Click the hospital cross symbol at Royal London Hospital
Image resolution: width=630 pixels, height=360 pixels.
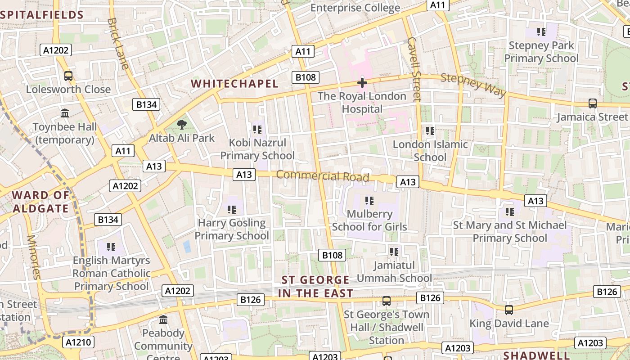tap(362, 83)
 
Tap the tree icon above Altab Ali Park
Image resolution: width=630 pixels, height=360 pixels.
tap(182, 125)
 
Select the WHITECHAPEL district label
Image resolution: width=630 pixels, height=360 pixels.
tap(234, 84)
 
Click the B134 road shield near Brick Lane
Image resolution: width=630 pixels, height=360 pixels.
tap(147, 105)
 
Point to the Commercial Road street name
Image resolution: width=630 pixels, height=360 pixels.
tap(322, 175)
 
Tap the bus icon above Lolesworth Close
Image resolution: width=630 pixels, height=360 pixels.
tap(68, 76)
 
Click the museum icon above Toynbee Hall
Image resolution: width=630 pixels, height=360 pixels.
tap(65, 113)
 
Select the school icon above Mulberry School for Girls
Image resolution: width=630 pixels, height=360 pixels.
tap(369, 201)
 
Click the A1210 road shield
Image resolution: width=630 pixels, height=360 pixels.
tap(78, 342)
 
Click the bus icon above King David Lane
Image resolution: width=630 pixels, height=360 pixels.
tap(508, 310)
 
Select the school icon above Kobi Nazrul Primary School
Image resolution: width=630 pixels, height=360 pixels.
tap(257, 130)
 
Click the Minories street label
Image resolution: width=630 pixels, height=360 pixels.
tap(33, 256)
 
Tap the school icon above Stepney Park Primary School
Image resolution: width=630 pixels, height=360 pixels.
tap(541, 32)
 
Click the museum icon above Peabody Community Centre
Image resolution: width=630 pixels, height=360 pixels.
tap(163, 320)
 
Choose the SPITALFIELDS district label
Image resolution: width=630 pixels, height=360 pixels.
tap(42, 15)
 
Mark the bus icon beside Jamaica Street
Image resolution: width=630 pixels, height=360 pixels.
tap(593, 103)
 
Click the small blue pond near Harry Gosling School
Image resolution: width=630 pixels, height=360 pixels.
tap(187, 246)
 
